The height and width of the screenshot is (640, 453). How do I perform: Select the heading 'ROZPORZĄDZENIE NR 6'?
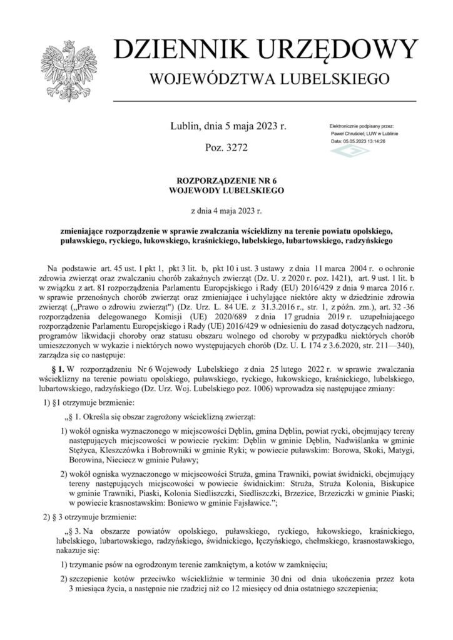227,180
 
